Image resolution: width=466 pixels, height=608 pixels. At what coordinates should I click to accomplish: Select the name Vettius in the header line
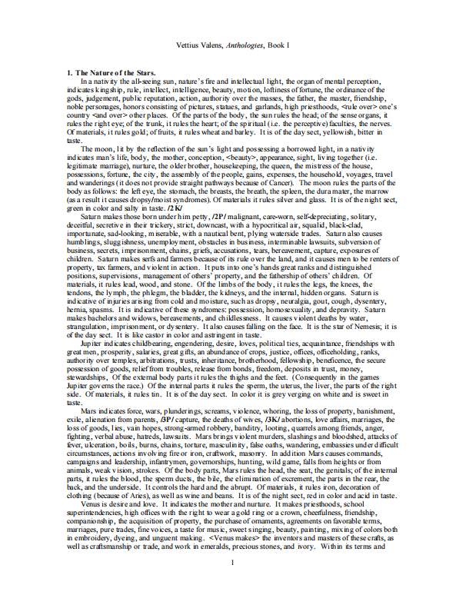191,46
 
